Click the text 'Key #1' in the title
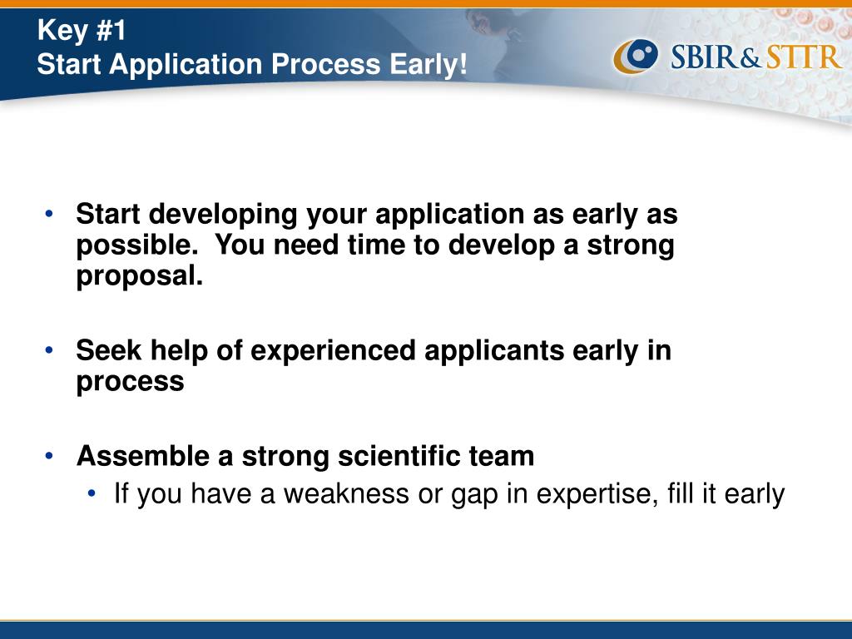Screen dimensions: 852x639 [82, 30]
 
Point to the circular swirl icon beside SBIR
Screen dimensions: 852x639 [636, 56]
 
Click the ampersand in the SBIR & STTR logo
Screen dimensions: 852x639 [751, 58]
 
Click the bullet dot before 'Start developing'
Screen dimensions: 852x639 [49, 214]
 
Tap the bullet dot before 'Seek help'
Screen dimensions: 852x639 [49, 350]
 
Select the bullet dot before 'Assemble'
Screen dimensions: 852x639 [49, 455]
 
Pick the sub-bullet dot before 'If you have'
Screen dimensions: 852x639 [92, 493]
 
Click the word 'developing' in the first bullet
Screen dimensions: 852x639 [223, 215]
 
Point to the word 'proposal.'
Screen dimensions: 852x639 [139, 276]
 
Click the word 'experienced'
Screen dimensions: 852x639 [333, 350]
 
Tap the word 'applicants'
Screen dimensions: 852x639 [494, 351]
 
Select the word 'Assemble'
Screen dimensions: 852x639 [143, 455]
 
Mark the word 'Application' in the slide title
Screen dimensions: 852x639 [186, 65]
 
